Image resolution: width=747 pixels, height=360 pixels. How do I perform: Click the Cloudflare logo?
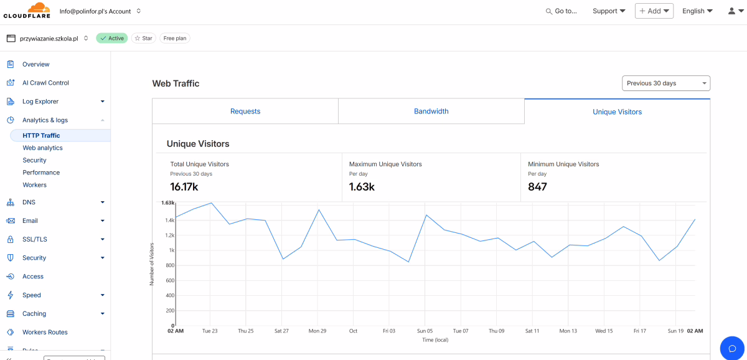pyautogui.click(x=27, y=11)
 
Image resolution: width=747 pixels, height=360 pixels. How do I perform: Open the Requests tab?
pyautogui.click(x=245, y=111)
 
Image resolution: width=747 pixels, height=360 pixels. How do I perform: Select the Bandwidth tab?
pyautogui.click(x=431, y=111)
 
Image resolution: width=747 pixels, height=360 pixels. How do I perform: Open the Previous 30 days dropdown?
pyautogui.click(x=666, y=83)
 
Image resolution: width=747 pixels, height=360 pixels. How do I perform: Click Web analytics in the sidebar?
pyautogui.click(x=43, y=148)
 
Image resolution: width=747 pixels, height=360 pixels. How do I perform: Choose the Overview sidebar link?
pyautogui.click(x=35, y=64)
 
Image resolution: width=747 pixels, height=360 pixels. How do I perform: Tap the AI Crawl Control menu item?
pyautogui.click(x=45, y=83)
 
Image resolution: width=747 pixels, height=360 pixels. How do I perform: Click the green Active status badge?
pyautogui.click(x=112, y=39)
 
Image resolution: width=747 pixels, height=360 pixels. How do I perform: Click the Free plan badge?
pyautogui.click(x=175, y=39)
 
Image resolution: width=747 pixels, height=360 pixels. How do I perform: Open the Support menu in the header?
pyautogui.click(x=609, y=11)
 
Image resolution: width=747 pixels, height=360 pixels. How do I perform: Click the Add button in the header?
pyautogui.click(x=654, y=11)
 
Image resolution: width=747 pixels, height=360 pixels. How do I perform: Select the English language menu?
pyautogui.click(x=697, y=11)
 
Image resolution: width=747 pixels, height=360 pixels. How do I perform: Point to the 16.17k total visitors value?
pyautogui.click(x=184, y=187)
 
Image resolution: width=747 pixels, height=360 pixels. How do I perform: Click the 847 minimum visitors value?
pyautogui.click(x=537, y=187)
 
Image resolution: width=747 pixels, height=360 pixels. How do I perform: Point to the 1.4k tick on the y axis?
pyautogui.click(x=170, y=220)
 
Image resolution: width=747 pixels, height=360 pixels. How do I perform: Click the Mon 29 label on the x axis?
pyautogui.click(x=317, y=331)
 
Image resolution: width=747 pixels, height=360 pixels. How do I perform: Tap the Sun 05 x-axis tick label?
pyautogui.click(x=425, y=331)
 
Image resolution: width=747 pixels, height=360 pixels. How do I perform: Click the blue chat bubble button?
pyautogui.click(x=732, y=348)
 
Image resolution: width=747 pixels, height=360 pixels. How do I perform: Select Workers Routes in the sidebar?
pyautogui.click(x=45, y=332)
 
